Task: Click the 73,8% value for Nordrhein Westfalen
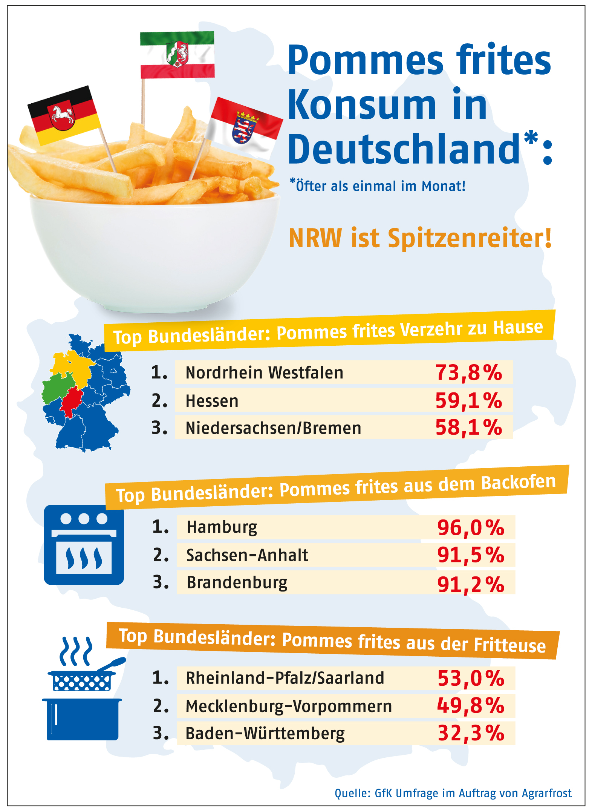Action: coord(468,372)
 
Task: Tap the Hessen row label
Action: coord(212,401)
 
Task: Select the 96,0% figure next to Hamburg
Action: coord(470,527)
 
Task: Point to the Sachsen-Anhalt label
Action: coord(247,555)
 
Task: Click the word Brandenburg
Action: coord(237,582)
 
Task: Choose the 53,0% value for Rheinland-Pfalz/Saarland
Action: coord(471,678)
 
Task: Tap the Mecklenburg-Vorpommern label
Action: coord(289,706)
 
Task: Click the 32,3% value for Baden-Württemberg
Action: coord(471,733)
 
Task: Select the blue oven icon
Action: coord(84,545)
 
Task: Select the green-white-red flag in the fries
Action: coord(177,55)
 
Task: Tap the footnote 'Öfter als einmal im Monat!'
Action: coord(378,186)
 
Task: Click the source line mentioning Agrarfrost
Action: coord(453,793)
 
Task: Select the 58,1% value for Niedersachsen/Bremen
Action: coord(468,427)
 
